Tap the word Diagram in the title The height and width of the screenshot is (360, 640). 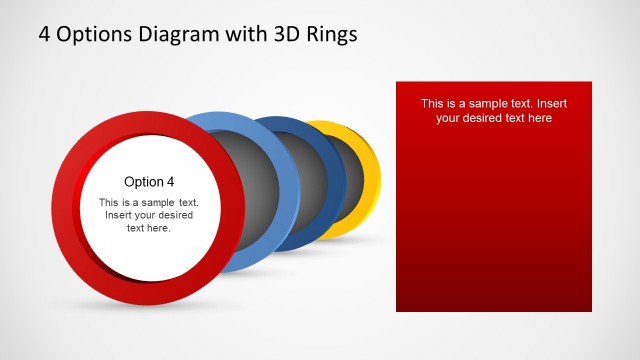(179, 34)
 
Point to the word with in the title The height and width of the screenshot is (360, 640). (246, 34)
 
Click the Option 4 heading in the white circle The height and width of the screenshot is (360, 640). (149, 182)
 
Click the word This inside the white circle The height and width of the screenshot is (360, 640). (109, 203)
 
